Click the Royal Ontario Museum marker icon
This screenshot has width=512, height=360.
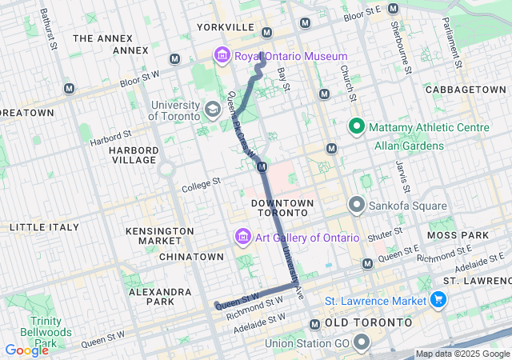[x=221, y=56]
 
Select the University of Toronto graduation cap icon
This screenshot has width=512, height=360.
[x=213, y=109]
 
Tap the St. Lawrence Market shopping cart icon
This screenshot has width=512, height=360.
[x=438, y=301]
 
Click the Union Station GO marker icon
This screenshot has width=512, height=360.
[x=361, y=344]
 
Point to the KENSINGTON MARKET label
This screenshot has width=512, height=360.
[x=160, y=236]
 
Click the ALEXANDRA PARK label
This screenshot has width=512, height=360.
[x=162, y=298]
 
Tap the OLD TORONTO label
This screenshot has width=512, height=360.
[x=369, y=322]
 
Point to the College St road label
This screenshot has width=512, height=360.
[x=201, y=184]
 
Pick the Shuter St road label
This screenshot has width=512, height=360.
[x=386, y=238]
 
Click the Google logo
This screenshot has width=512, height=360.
[x=26, y=350]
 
